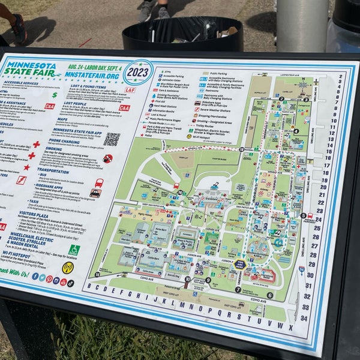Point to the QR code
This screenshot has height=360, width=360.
coord(112,139)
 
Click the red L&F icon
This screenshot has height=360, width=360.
coord(130,90)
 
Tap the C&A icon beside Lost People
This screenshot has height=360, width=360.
coord(124,108)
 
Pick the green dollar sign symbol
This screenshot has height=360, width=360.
coord(55,95)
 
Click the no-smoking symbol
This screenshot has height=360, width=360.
coord(108,158)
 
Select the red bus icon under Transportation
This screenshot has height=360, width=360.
coord(99,182)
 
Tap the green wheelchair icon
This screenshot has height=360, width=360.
coord(74,250)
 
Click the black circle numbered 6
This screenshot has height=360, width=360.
coord(270,295)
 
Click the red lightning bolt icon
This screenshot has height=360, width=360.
coord(21,179)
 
